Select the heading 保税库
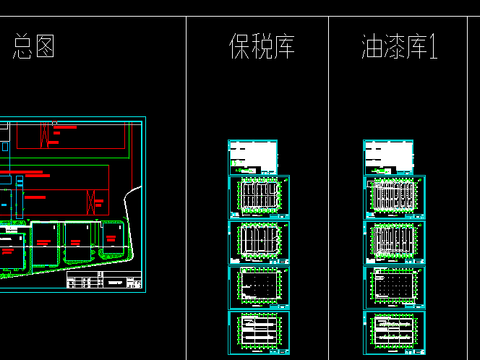[261, 47]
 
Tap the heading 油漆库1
[400, 47]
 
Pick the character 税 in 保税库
[261, 47]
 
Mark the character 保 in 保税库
[239, 47]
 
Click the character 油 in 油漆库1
[374, 47]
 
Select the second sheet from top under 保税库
[258, 198]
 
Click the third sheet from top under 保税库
[258, 242]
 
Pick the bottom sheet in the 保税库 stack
[258, 332]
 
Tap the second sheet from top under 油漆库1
[393, 198]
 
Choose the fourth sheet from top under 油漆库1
[393, 287]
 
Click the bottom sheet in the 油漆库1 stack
[393, 332]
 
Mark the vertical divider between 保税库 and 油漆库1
[328, 180]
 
